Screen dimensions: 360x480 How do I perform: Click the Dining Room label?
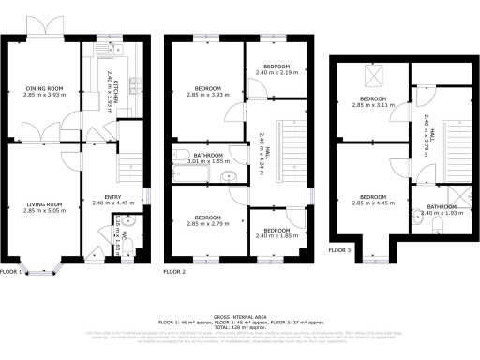click(x=45, y=89)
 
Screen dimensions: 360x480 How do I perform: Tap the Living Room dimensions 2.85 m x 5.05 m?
click(x=45, y=210)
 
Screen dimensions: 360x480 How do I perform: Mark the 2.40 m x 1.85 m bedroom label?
click(x=276, y=231)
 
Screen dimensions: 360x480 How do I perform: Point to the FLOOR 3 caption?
click(x=339, y=250)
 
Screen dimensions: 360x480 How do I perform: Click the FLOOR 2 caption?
click(x=174, y=272)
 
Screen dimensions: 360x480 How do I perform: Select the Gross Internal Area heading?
click(x=240, y=318)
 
